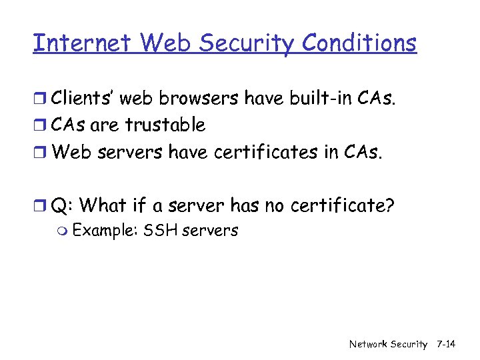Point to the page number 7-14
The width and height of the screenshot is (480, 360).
coord(445,344)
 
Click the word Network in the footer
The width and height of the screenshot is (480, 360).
coord(369,344)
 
